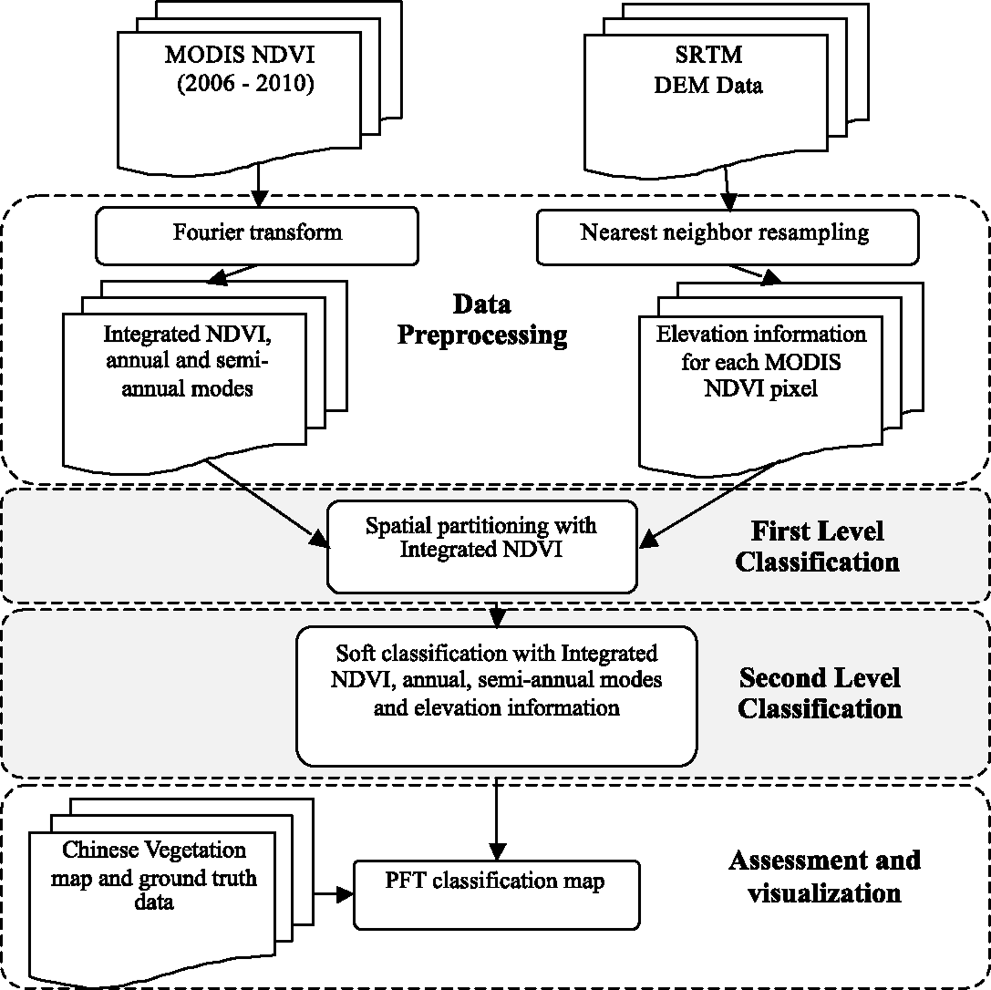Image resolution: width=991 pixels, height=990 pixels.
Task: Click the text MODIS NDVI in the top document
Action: pos(240,55)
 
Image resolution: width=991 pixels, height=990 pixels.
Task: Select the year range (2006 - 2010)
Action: pos(245,84)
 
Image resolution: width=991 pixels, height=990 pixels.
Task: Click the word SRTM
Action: pos(708,55)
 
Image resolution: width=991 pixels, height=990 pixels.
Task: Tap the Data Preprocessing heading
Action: pos(482,320)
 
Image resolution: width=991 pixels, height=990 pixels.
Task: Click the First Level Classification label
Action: pos(817,546)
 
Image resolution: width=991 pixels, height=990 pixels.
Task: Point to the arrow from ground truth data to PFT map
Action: pos(333,894)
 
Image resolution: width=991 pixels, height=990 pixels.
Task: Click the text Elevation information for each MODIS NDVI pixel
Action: pos(760,362)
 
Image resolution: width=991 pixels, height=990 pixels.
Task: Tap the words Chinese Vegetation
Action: pos(154,850)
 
